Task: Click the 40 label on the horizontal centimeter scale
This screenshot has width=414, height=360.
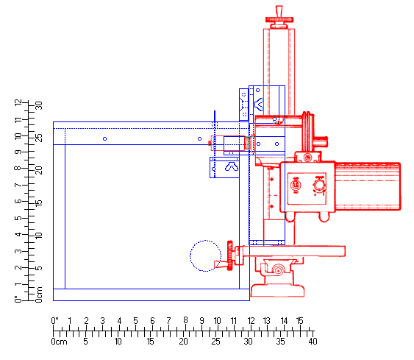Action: click(x=313, y=342)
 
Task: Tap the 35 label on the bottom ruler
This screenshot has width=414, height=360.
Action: click(x=280, y=342)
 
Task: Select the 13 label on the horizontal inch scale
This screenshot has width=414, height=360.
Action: click(x=267, y=321)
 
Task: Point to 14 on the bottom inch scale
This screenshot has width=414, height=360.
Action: click(x=284, y=321)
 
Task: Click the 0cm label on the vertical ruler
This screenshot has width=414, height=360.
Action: click(x=39, y=294)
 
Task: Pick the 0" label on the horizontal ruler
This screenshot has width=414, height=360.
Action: click(x=54, y=321)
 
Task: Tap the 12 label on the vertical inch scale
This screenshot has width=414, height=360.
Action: click(x=18, y=103)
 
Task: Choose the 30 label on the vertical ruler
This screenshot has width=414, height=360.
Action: click(x=39, y=105)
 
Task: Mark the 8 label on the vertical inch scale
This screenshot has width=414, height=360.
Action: click(x=18, y=168)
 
